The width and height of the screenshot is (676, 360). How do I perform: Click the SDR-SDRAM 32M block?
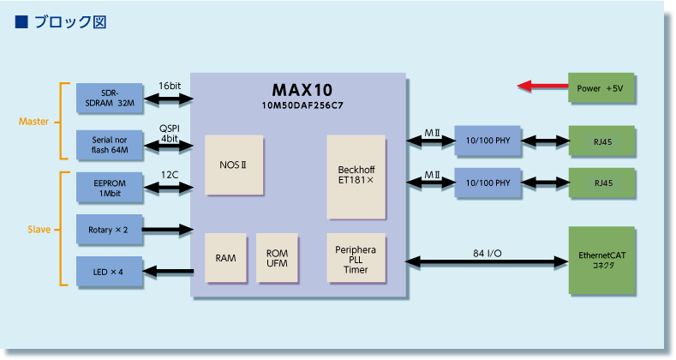[x=110, y=99]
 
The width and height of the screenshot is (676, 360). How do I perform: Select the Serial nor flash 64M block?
[x=110, y=146]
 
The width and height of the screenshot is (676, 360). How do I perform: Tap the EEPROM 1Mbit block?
[x=110, y=188]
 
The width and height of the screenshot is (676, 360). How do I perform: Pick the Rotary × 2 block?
[x=110, y=230]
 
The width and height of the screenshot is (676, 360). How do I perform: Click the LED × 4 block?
[x=110, y=272]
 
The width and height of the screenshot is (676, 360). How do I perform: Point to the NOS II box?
[x=234, y=165]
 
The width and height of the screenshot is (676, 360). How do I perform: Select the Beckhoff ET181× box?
[x=356, y=177]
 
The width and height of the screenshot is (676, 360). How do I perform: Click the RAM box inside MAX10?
[x=225, y=258]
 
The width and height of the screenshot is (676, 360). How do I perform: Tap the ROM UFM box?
[x=277, y=258]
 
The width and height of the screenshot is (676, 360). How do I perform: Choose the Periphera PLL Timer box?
[x=356, y=258]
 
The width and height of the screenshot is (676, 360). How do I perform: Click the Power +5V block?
[x=601, y=88]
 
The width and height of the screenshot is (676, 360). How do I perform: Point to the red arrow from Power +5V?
[x=543, y=86]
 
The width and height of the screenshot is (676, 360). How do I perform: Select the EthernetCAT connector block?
[x=601, y=261]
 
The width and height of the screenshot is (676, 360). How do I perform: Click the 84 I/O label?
[x=488, y=253]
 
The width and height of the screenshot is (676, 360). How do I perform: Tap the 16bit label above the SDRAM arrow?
[x=170, y=86]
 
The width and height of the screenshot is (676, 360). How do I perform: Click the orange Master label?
[x=33, y=122]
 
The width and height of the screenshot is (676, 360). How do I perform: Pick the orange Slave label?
[x=39, y=230]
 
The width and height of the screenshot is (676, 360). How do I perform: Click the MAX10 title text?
[x=302, y=90]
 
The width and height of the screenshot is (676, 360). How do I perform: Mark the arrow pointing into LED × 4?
[x=168, y=271]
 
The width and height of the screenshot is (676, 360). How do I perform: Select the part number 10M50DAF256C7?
[x=302, y=105]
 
